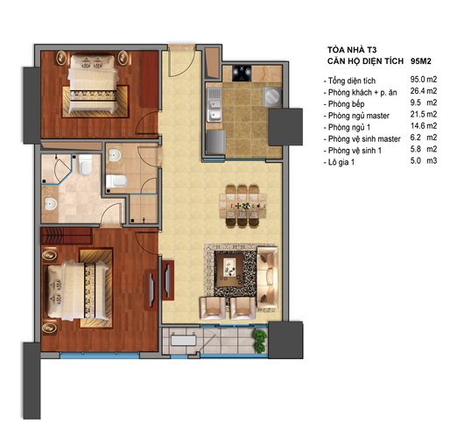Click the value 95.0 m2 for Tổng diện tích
418,79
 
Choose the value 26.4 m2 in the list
418,91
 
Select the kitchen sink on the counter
213,109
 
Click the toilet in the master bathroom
85,166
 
